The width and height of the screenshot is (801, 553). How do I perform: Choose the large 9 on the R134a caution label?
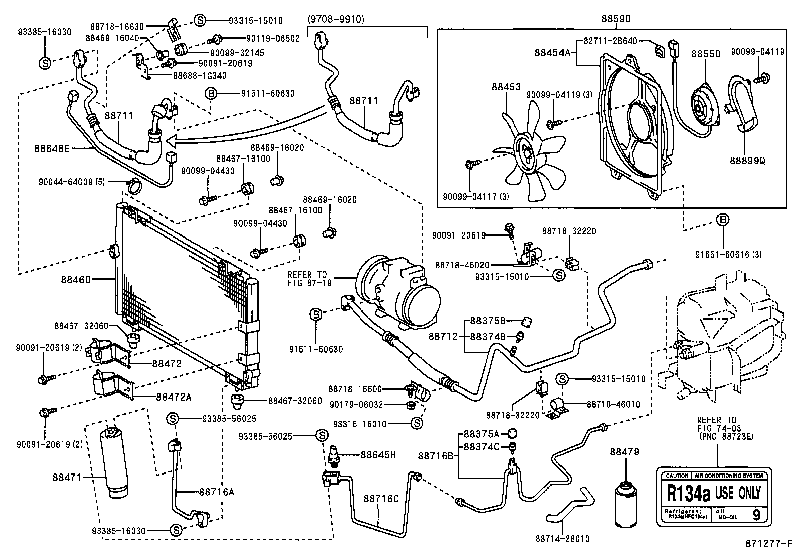coord(756,514)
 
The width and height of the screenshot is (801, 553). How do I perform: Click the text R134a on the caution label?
coord(688,493)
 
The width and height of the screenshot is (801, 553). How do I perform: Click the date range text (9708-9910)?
coord(336,20)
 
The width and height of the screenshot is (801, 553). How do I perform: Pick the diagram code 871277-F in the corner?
coord(771,543)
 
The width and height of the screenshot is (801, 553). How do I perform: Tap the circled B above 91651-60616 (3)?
coord(723,220)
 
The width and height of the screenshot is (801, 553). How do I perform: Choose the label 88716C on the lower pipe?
coord(381,498)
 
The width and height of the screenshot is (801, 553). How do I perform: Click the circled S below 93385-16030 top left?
coord(45,63)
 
